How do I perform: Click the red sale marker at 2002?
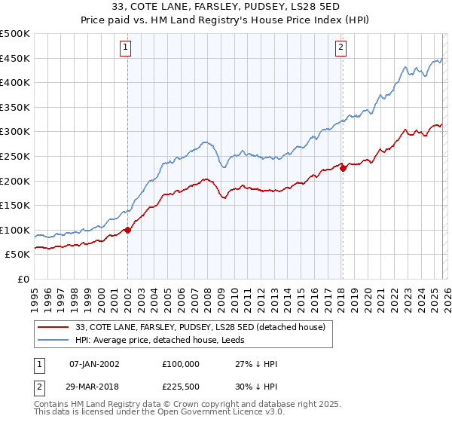[127, 230]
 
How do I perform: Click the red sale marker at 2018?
[343, 168]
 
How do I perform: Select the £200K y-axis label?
[15, 181]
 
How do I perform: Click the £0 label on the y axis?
[23, 279]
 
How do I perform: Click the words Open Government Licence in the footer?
[218, 414]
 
